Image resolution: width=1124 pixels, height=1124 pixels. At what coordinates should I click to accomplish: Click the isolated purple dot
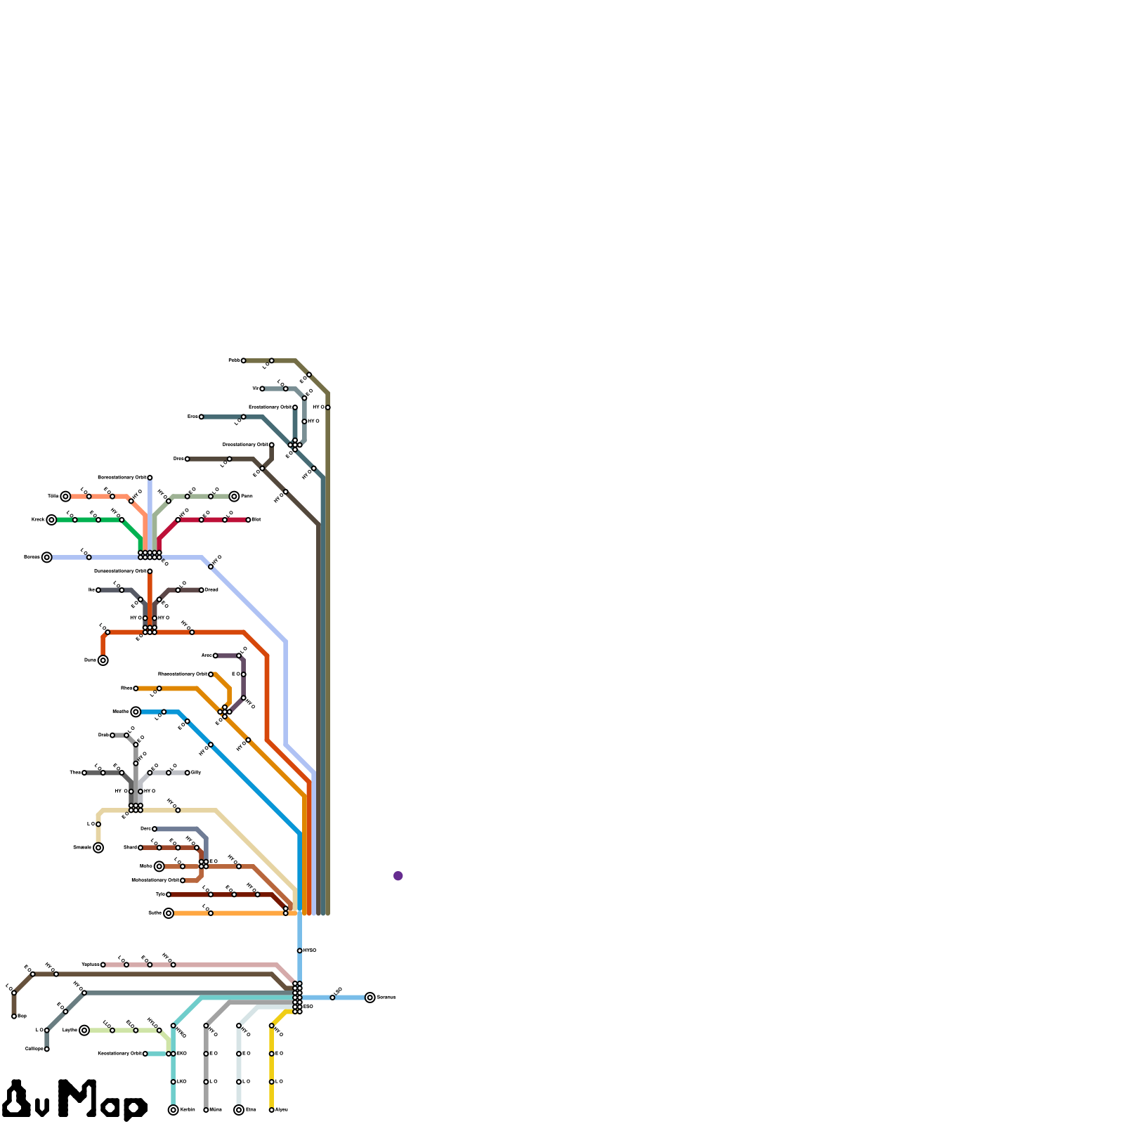(398, 875)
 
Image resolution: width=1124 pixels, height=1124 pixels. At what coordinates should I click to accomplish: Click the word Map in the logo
(103, 1099)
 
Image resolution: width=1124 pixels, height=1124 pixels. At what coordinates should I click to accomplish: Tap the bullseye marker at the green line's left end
(51, 520)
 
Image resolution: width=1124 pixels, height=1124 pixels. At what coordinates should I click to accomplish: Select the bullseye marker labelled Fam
(234, 497)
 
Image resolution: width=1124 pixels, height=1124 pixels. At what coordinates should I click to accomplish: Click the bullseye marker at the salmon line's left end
(65, 497)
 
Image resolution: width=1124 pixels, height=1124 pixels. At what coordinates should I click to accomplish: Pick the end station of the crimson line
(248, 520)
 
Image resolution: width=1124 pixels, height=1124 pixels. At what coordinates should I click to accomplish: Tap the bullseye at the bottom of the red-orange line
(103, 660)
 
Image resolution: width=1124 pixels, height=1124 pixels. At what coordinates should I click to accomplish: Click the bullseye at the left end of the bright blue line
(136, 712)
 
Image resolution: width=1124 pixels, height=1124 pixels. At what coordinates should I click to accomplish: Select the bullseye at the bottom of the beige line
(98, 847)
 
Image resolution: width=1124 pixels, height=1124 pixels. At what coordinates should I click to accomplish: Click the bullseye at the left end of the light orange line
(169, 913)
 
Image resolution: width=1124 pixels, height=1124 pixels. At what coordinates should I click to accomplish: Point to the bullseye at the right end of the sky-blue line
(370, 998)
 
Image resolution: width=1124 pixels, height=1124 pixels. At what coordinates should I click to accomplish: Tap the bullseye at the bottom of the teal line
(174, 1110)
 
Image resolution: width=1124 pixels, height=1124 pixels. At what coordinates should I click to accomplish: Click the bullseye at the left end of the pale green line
(84, 1031)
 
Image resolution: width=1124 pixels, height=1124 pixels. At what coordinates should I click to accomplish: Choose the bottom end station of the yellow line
(272, 1110)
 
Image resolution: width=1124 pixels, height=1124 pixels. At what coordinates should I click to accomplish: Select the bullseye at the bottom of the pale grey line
(239, 1110)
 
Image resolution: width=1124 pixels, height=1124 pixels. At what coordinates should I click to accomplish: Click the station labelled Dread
(202, 590)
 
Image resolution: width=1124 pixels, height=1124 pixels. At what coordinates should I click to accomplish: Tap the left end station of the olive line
(244, 360)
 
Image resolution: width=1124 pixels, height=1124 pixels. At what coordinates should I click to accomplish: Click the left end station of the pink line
(103, 965)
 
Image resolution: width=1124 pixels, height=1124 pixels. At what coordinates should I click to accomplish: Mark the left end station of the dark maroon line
(169, 894)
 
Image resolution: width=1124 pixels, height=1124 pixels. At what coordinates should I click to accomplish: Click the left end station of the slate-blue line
(155, 829)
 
